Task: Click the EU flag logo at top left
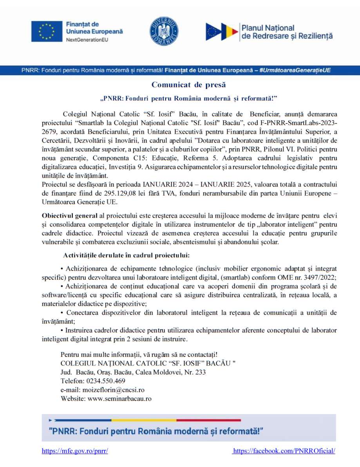46,31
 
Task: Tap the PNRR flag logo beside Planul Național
222,32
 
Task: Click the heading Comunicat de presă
189,85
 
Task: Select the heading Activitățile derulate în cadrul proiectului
126,255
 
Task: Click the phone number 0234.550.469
105,381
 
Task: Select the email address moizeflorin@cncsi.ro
113,390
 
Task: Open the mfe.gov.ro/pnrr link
75,451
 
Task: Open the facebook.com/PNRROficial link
284,451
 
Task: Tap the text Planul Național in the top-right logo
268,28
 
